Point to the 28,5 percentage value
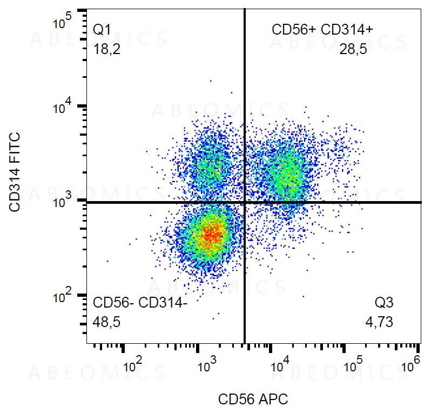(x=353, y=50)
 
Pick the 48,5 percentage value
(x=106, y=323)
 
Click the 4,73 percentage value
(x=379, y=323)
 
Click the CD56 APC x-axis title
(x=253, y=399)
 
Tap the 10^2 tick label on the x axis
(x=133, y=365)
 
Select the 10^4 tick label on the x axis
(x=280, y=365)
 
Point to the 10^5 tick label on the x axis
(x=354, y=365)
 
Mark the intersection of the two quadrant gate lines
(x=245, y=202)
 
